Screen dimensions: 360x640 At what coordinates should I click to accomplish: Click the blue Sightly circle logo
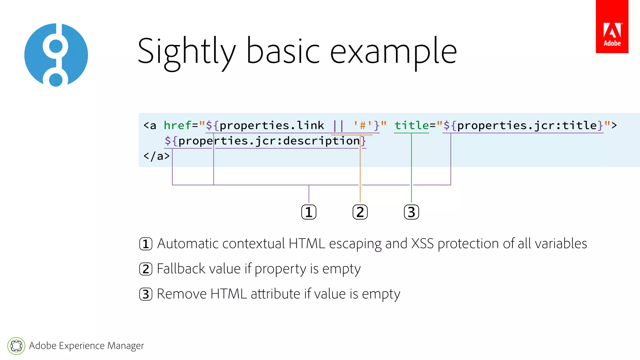pyautogui.click(x=56, y=55)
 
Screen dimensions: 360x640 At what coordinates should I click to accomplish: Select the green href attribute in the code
pyautogui.click(x=177, y=125)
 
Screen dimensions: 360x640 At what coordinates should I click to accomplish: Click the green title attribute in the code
pyautogui.click(x=412, y=125)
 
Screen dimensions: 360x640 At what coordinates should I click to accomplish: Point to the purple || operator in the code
pyautogui.click(x=338, y=126)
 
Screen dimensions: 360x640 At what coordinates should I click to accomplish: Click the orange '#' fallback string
pyautogui.click(x=363, y=125)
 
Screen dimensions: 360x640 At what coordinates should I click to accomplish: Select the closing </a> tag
pyautogui.click(x=157, y=156)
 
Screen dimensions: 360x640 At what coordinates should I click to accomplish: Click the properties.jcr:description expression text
pyautogui.click(x=269, y=141)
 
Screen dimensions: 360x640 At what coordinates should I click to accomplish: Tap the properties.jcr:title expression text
pyautogui.click(x=527, y=125)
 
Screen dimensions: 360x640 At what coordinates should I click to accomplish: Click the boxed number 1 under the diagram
pyautogui.click(x=309, y=212)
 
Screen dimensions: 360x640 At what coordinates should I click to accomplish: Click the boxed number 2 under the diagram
pyautogui.click(x=360, y=212)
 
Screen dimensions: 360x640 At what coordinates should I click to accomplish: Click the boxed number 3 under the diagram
pyautogui.click(x=411, y=212)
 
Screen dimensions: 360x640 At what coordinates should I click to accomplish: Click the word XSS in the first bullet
pyautogui.click(x=422, y=243)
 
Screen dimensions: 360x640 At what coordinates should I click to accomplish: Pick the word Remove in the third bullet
pyautogui.click(x=182, y=294)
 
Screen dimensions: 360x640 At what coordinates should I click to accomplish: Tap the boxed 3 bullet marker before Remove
pyautogui.click(x=146, y=294)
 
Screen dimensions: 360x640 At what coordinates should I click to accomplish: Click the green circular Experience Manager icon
pyautogui.click(x=16, y=346)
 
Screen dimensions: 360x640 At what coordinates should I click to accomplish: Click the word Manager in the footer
pyautogui.click(x=126, y=346)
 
